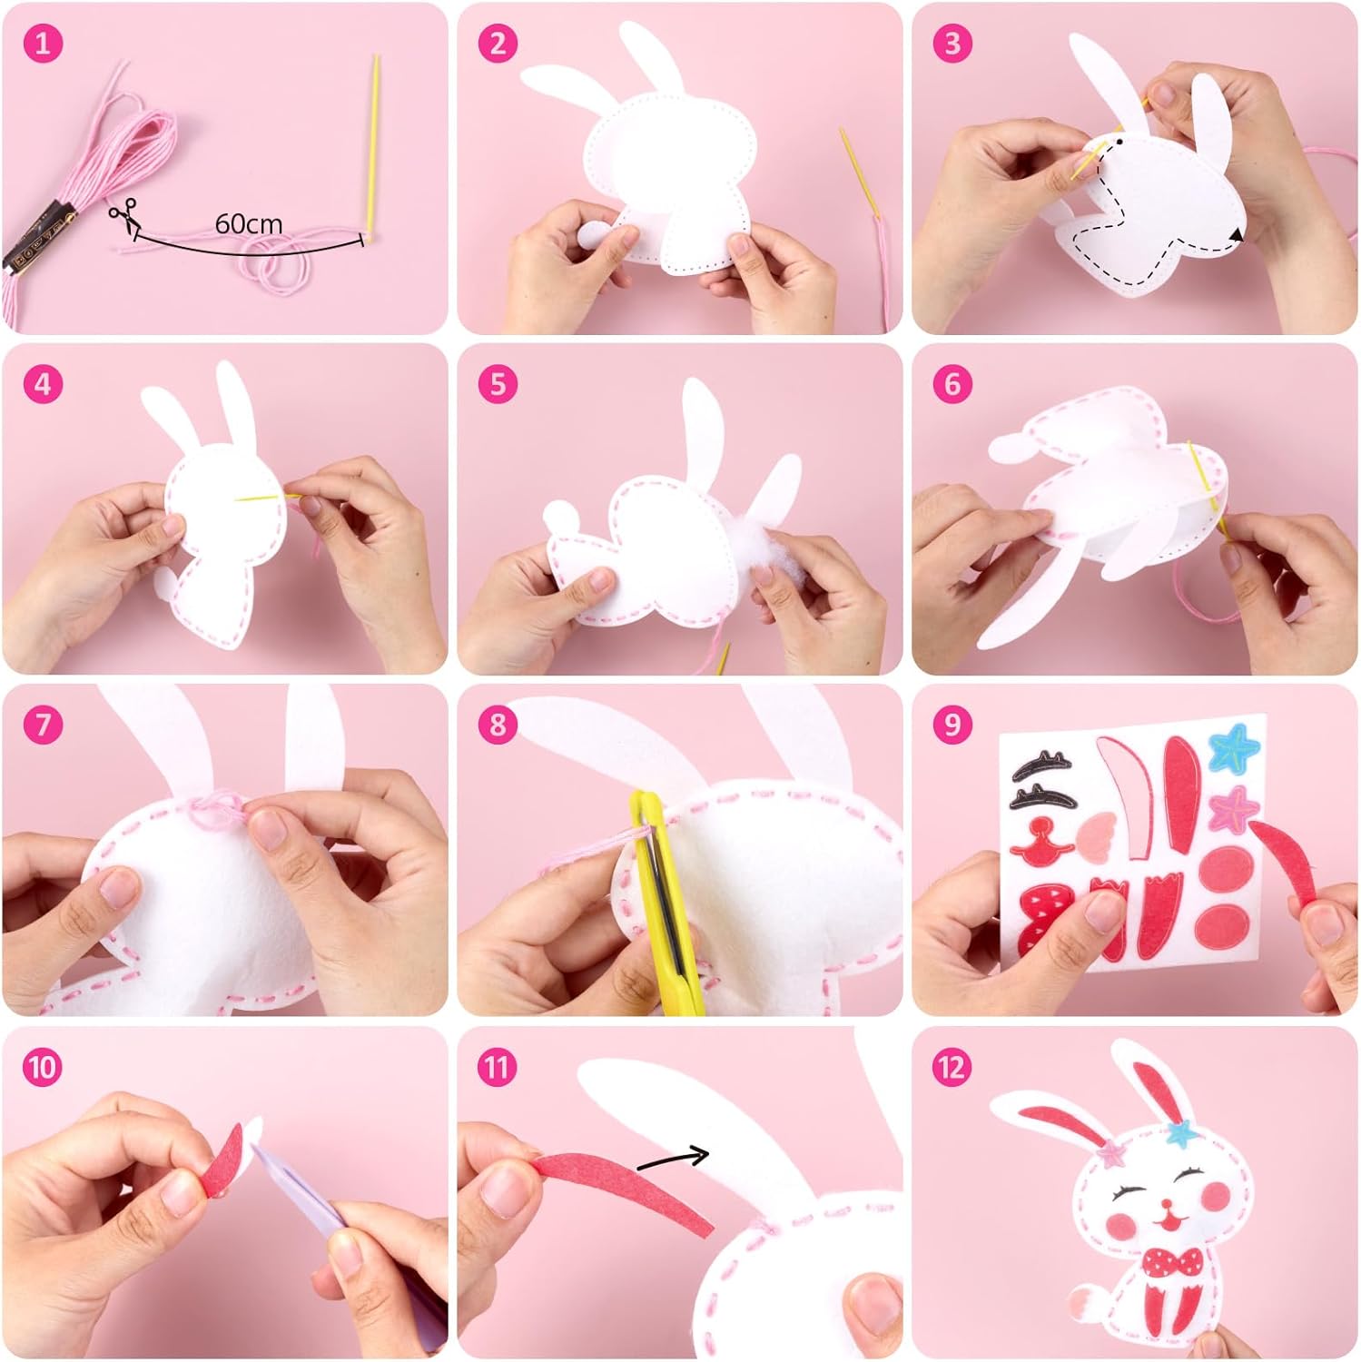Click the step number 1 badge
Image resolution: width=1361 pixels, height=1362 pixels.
pos(43,43)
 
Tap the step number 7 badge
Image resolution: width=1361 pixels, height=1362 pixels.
pos(43,725)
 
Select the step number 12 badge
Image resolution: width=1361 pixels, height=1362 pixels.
pos(952,1067)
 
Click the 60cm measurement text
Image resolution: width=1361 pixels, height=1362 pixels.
pos(248,223)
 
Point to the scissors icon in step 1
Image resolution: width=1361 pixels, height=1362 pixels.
pos(122,215)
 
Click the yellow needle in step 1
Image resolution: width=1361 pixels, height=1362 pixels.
pos(372,145)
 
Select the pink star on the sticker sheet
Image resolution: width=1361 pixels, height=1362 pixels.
pos(1231,808)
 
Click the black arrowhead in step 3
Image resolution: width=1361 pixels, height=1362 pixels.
pos(1235,235)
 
